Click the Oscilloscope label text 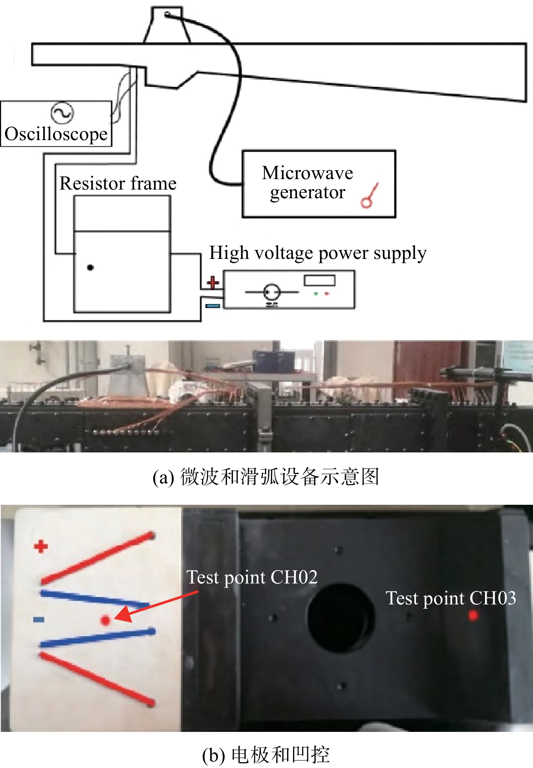click(56, 134)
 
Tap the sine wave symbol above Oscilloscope click(62, 113)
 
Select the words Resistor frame click(118, 183)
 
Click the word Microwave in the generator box click(307, 173)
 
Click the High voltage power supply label click(318, 253)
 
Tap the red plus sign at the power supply click(213, 282)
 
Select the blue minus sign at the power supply click(213, 306)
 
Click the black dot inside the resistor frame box click(90, 268)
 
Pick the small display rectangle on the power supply click(320, 281)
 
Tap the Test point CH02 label click(252, 577)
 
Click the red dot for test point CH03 click(473, 615)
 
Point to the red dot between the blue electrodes click(105, 620)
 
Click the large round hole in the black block click(340, 618)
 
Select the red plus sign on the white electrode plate click(41, 546)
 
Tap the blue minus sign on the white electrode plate click(39, 620)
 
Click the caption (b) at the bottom click(266, 755)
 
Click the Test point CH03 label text click(451, 598)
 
